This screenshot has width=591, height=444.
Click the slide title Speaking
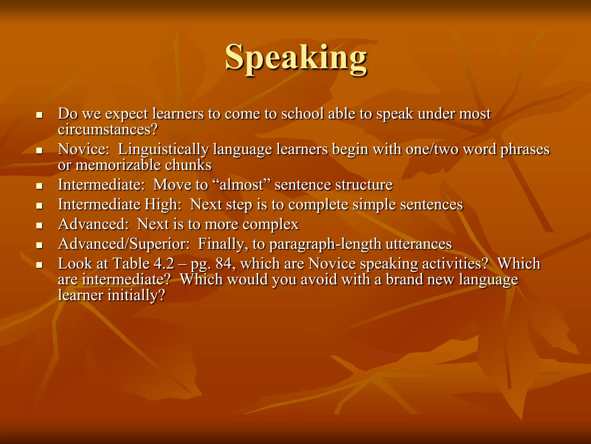[x=296, y=58]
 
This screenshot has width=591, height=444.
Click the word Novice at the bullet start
[x=82, y=149]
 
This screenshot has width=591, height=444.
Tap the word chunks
[x=188, y=165]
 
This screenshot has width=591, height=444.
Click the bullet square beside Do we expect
[x=40, y=115]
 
